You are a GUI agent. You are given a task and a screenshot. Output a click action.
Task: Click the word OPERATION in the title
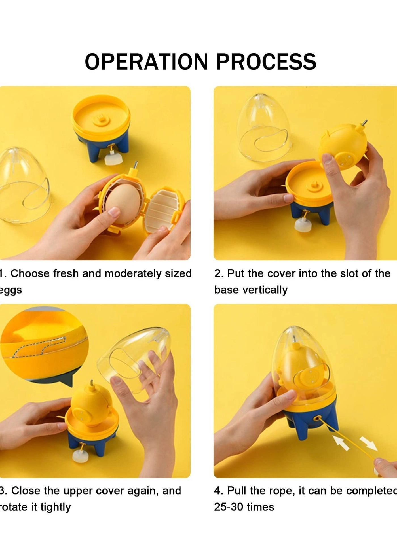146,61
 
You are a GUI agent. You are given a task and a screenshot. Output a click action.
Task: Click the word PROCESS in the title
266,61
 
